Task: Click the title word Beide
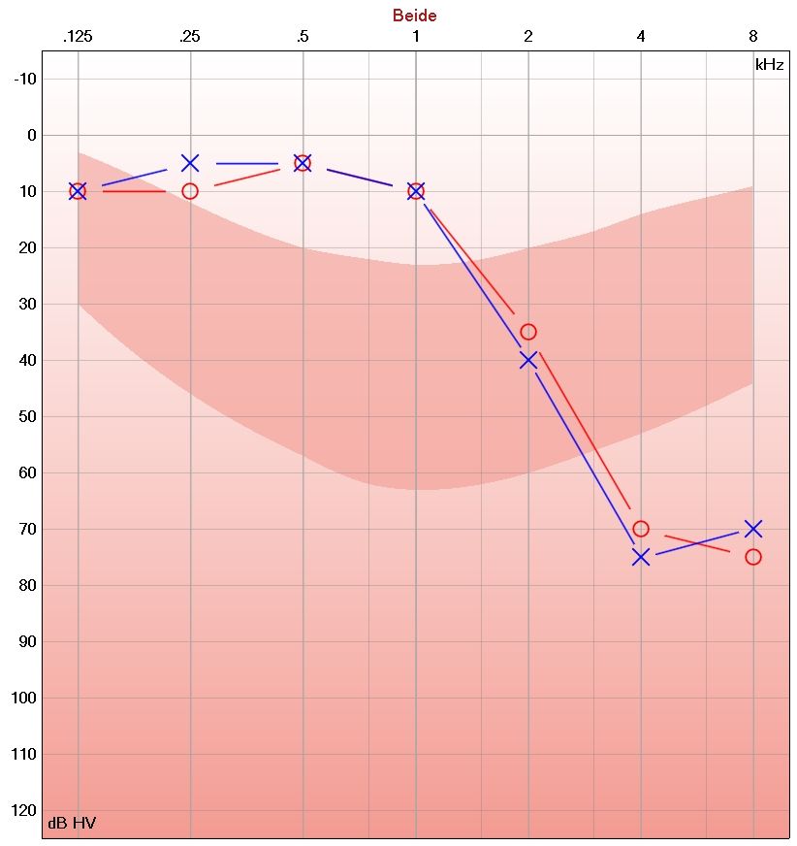(x=414, y=16)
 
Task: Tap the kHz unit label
(x=769, y=65)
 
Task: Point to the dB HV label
(x=72, y=824)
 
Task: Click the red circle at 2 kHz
(x=528, y=332)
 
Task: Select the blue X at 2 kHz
(x=528, y=360)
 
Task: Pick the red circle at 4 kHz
(x=641, y=529)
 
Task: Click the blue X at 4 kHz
(x=641, y=557)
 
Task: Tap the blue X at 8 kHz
(x=753, y=529)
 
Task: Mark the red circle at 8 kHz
(x=753, y=557)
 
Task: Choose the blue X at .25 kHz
(x=190, y=163)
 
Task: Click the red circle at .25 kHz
(x=190, y=191)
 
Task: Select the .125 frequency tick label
(x=77, y=37)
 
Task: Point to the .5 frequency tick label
(x=303, y=37)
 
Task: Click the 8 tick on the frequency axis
(x=753, y=37)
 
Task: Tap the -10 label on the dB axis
(x=25, y=79)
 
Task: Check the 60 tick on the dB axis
(x=25, y=472)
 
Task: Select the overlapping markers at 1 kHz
(x=416, y=191)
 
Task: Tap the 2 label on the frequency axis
(x=528, y=37)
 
